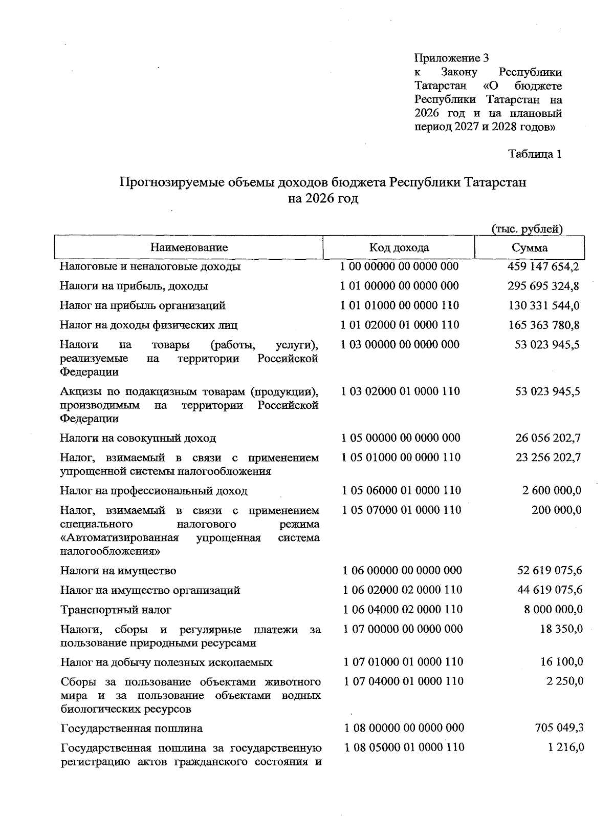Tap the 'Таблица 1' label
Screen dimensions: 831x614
pos(535,154)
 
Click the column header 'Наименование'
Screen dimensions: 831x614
pos(189,248)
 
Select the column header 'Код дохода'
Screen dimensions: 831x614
pos(399,248)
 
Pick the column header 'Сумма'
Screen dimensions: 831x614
pos(530,248)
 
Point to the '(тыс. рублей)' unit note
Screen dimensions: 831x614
pos(527,229)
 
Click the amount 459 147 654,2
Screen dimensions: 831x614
pos(543,266)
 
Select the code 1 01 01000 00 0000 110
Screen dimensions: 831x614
pos(400,305)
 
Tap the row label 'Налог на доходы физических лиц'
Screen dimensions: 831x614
pos(148,325)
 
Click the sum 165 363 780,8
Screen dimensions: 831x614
pos(543,325)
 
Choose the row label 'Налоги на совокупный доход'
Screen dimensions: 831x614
pos(138,438)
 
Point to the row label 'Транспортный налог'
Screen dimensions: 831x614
pos(116,610)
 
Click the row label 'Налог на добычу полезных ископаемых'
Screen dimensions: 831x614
pos(166,662)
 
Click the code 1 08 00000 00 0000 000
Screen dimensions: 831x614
pos(404,728)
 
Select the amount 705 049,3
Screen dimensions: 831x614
pos(558,728)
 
